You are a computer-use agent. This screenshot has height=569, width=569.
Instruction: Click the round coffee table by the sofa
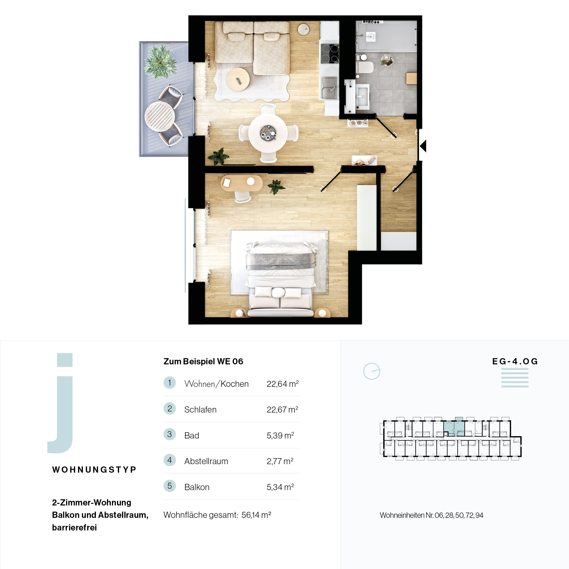point(238,79)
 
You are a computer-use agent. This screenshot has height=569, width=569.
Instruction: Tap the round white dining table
point(268,133)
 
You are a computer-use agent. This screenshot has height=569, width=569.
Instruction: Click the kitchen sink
point(329,88)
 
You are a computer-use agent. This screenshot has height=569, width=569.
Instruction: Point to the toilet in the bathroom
point(365,67)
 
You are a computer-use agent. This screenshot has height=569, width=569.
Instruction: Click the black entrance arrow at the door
point(423,146)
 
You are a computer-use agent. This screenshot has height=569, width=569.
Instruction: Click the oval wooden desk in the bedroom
point(242,183)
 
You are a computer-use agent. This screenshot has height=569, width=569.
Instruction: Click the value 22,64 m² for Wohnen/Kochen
point(282,384)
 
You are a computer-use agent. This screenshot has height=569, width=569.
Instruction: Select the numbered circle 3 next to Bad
point(170,434)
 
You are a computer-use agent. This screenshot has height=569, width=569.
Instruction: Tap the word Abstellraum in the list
point(206,461)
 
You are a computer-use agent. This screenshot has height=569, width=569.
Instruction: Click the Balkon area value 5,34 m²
point(280,487)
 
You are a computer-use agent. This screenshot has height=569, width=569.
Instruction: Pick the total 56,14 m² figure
point(256,515)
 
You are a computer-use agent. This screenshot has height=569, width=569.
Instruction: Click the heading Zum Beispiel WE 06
point(203,361)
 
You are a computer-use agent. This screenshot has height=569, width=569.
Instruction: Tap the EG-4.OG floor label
point(515,361)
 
